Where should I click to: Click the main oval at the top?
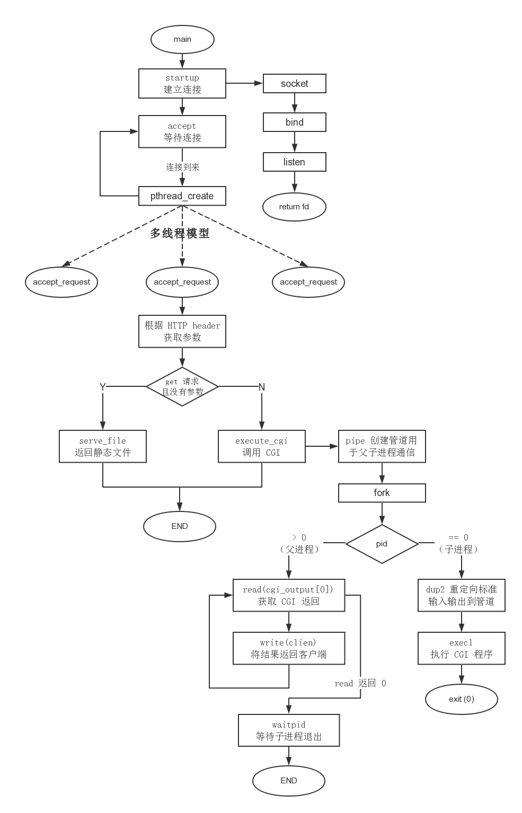pos(182,39)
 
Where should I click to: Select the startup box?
pos(182,84)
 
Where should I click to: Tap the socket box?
pos(294,84)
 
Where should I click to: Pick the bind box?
pos(294,122)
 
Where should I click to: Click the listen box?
pos(294,162)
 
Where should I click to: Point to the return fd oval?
pos(294,207)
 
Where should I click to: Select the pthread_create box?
pos(182,196)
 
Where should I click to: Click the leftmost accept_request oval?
pos(61,282)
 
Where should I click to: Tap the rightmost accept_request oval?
pos(308,282)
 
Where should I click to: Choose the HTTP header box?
pos(182,332)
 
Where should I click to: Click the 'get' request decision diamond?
pos(182,387)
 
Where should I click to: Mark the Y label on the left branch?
pos(103,387)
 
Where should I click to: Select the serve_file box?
pos(103,447)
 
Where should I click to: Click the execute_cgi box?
pos(262,447)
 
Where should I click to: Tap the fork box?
pos(382,493)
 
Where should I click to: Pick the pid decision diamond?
pos(382,544)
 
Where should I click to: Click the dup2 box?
pos(461,595)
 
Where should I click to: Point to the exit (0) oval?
pos(461,699)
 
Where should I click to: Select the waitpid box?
pos(289,730)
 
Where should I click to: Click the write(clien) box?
pos(289,648)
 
